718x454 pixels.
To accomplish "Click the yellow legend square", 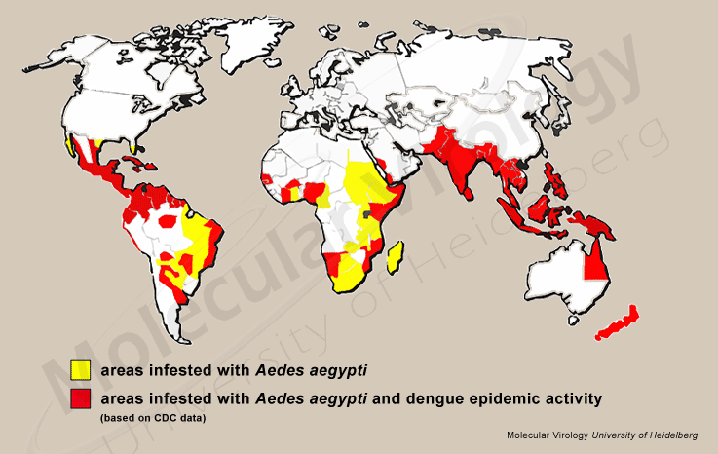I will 80,370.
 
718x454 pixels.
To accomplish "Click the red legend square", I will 80,398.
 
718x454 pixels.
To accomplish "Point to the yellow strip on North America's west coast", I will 69,147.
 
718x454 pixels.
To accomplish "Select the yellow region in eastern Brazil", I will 200,234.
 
